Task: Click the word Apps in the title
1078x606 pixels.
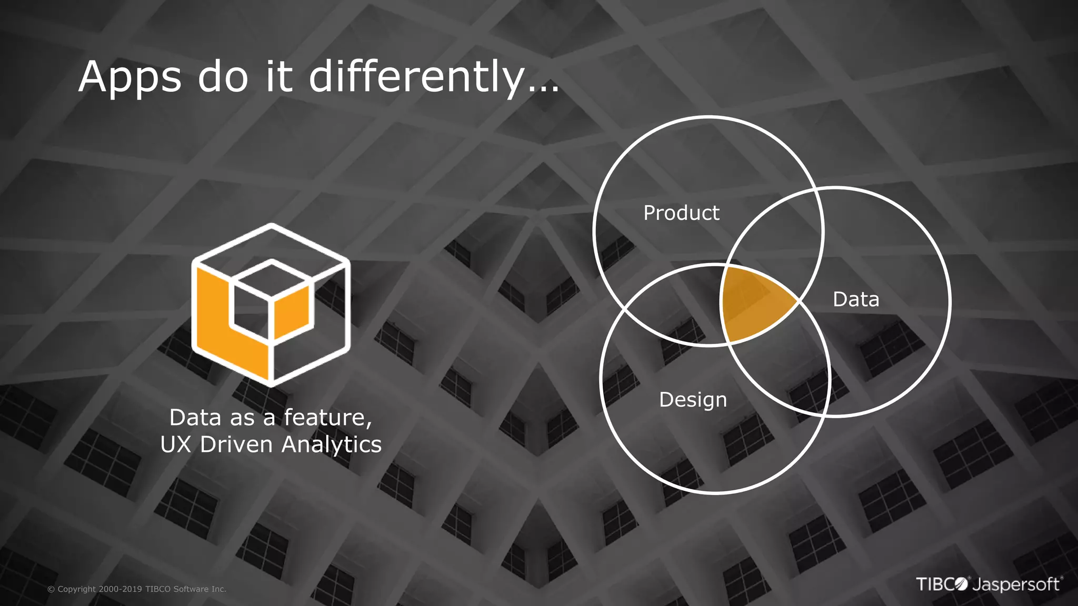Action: click(x=129, y=78)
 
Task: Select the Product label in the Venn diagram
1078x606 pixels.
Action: click(x=681, y=213)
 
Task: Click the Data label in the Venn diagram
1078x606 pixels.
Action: click(x=856, y=299)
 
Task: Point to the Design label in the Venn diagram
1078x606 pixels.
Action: click(x=693, y=400)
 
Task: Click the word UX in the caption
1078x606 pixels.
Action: click(x=175, y=445)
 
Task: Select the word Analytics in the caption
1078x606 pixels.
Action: click(x=332, y=445)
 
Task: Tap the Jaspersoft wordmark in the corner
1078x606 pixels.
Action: click(x=1016, y=585)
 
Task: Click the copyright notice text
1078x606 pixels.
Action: click(x=137, y=589)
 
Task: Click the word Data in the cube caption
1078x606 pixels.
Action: click(x=195, y=418)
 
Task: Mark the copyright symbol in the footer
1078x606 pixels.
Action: click(x=51, y=590)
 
